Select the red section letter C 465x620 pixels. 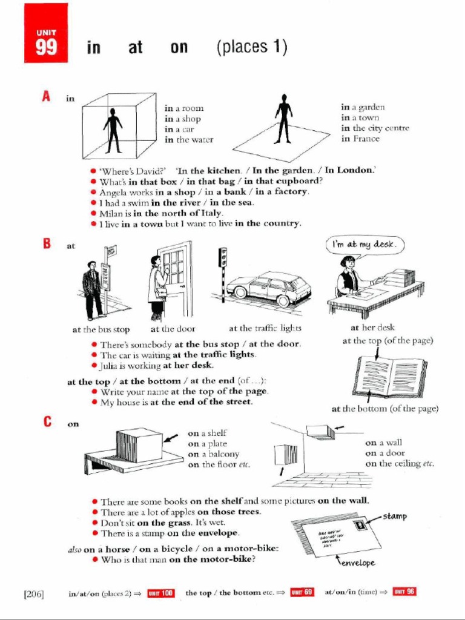tap(47, 422)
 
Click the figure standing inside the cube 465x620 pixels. tap(112, 130)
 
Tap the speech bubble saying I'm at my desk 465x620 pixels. tap(366, 245)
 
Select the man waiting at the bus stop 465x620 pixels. tap(92, 289)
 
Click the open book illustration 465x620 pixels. tap(390, 375)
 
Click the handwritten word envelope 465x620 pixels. tap(357, 562)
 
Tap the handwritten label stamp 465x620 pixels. tap(394, 516)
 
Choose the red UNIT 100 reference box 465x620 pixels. tap(161, 593)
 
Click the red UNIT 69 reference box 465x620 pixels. tap(302, 592)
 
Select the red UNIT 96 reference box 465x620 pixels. tap(404, 592)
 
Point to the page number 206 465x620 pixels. tap(34, 593)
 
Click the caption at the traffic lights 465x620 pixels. tap(265, 329)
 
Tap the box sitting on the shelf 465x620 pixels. tap(139, 444)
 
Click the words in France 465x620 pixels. tap(360, 139)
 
